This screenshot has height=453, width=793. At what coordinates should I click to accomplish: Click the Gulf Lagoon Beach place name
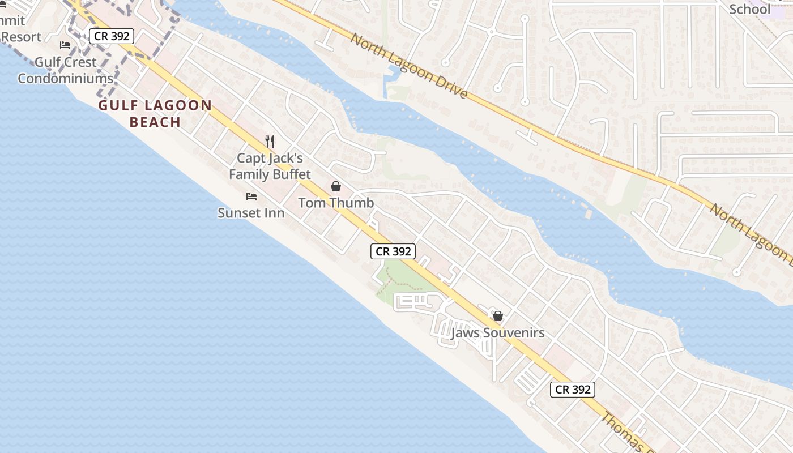click(x=155, y=113)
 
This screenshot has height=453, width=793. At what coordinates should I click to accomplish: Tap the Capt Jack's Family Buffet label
click(x=270, y=166)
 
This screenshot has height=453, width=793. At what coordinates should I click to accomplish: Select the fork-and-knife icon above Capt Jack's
click(x=270, y=142)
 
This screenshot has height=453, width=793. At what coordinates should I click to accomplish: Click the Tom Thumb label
click(x=336, y=203)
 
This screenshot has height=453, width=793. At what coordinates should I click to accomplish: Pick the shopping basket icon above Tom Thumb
click(x=336, y=186)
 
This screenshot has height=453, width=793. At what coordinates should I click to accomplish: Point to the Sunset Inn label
click(x=251, y=213)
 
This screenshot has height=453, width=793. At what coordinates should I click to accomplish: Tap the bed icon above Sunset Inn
click(x=251, y=196)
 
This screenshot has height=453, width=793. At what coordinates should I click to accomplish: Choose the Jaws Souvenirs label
click(x=497, y=333)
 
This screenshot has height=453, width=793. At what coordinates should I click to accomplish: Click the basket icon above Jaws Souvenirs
click(x=497, y=316)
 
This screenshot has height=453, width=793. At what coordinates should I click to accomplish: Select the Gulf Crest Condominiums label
click(x=66, y=70)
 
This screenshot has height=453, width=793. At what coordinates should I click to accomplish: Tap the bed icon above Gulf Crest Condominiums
click(x=66, y=45)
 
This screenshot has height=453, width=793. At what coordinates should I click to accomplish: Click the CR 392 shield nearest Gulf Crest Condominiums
click(x=111, y=36)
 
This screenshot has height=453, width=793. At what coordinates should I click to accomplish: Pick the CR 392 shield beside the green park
click(x=393, y=251)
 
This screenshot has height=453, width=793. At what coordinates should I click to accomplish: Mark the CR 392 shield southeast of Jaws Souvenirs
click(x=573, y=390)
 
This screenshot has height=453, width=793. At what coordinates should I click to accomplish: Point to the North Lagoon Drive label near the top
click(x=409, y=66)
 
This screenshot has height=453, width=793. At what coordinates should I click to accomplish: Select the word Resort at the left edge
click(x=21, y=37)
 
